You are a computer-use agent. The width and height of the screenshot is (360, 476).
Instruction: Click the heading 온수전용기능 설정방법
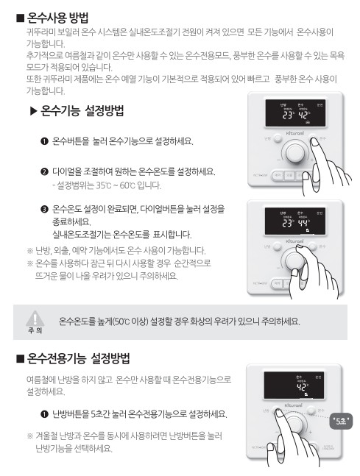(x=79, y=360)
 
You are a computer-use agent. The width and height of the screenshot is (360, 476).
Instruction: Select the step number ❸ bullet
(x=44, y=209)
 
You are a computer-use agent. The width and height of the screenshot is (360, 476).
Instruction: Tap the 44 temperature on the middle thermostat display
(x=302, y=224)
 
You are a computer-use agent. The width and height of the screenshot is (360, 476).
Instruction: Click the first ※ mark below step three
(x=30, y=250)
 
